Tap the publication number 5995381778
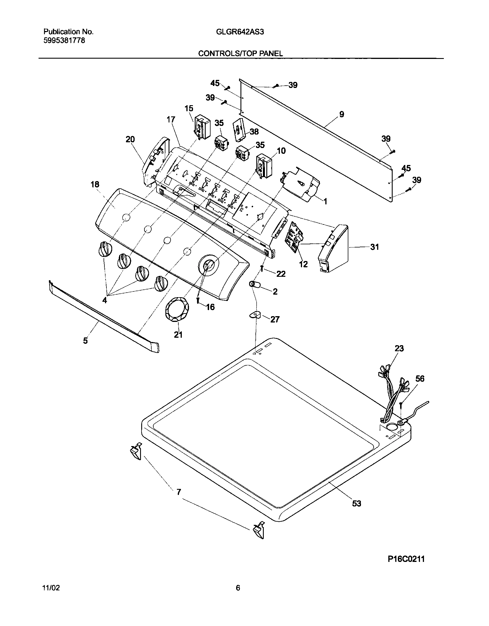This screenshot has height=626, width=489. click(x=64, y=41)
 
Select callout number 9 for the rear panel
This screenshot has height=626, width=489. click(x=341, y=114)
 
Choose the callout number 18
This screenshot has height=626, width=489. click(x=95, y=184)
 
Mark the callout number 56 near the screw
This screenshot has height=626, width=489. click(x=420, y=379)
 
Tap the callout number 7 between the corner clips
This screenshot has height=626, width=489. click(x=179, y=492)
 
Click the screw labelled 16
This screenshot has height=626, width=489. click(x=198, y=300)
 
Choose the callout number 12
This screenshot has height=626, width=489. click(x=303, y=264)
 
